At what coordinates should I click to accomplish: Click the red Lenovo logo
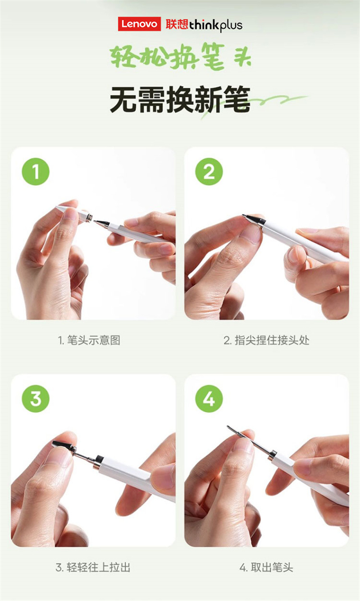(x=139, y=24)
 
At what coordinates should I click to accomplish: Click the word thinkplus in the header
(x=216, y=25)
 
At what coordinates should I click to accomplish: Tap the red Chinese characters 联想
(x=177, y=24)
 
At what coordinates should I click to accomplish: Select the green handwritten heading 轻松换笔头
(x=181, y=57)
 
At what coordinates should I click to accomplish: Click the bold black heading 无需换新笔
(x=180, y=100)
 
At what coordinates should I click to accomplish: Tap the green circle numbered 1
(x=36, y=172)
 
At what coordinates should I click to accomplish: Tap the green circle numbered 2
(x=209, y=172)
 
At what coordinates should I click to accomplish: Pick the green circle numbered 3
(x=36, y=399)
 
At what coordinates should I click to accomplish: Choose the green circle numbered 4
(x=209, y=399)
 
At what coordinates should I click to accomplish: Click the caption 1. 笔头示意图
(x=89, y=340)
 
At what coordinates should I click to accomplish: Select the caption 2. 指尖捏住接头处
(x=266, y=340)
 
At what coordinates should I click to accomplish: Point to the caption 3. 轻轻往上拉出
(x=93, y=568)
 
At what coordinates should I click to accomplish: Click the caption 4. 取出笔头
(x=266, y=568)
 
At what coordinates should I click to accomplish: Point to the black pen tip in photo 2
(x=254, y=219)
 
